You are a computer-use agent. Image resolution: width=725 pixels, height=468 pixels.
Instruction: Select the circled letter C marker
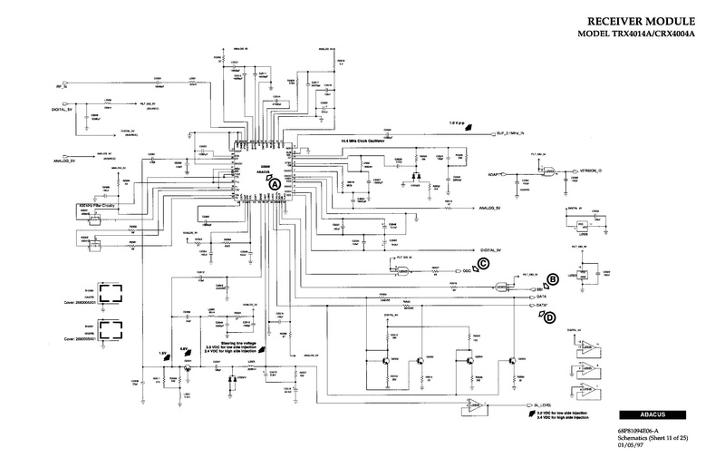pos(483,264)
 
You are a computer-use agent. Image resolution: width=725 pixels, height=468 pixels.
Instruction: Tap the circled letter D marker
pos(548,317)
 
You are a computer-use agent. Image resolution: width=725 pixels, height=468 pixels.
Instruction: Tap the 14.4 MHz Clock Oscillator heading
pos(363,142)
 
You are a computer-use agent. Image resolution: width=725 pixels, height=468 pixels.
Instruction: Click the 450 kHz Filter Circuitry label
pos(97,206)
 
